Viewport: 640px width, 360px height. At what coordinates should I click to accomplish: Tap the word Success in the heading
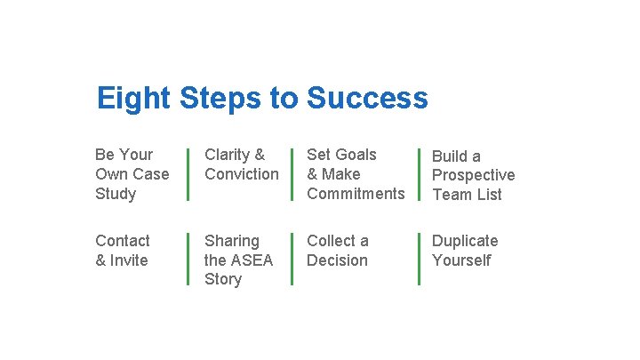point(367,98)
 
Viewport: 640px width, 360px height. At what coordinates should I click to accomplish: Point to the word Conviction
point(242,174)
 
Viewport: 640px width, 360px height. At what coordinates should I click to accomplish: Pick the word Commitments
point(356,194)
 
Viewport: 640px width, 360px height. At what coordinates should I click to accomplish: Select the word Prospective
point(473,175)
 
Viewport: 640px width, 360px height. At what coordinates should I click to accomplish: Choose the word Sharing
point(232,241)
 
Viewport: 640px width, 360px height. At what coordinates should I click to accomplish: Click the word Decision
point(337,260)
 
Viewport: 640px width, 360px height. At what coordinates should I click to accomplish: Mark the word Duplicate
point(465,241)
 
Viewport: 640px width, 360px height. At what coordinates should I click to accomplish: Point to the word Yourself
point(461,260)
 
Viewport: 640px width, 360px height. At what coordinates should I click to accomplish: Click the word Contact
point(123,241)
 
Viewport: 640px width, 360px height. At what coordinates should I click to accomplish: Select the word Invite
point(129,260)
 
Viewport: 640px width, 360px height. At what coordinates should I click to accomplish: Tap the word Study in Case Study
point(116,194)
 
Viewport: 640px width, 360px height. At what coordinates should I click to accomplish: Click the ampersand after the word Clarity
point(260,155)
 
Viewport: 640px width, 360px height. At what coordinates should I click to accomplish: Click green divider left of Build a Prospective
point(420,174)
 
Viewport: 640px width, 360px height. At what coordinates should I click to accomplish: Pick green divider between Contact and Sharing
point(188,259)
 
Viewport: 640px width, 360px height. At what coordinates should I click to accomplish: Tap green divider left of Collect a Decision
point(292,259)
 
